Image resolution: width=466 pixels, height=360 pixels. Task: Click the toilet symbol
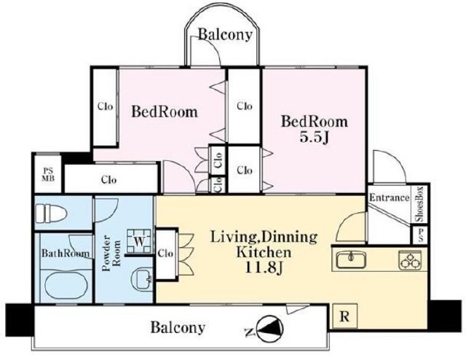pyautogui.click(x=50, y=213)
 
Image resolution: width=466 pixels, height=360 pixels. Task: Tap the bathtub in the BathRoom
pyautogui.click(x=66, y=286)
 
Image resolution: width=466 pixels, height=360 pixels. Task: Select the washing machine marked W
pyautogui.click(x=139, y=241)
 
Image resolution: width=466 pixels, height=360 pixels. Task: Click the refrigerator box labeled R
pyautogui.click(x=344, y=316)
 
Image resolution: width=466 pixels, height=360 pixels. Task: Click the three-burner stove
pyautogui.click(x=410, y=260)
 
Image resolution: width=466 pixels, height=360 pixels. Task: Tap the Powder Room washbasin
pyautogui.click(x=142, y=279)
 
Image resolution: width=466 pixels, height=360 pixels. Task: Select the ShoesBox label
pyautogui.click(x=419, y=204)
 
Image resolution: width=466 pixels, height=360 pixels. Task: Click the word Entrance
pyautogui.click(x=389, y=197)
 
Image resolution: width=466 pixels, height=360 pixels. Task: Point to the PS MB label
pyautogui.click(x=48, y=175)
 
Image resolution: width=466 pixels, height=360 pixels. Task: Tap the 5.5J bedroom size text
pyautogui.click(x=315, y=137)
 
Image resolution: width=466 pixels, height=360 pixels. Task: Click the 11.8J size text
pyautogui.click(x=263, y=267)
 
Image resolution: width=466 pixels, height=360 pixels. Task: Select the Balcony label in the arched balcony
pyautogui.click(x=225, y=34)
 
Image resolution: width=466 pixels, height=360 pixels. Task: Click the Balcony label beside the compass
pyautogui.click(x=178, y=327)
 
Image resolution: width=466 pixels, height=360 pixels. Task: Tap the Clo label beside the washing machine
pyautogui.click(x=165, y=254)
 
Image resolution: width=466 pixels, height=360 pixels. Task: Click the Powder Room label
pyautogui.click(x=111, y=254)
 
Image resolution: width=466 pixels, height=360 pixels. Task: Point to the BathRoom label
pyautogui.click(x=66, y=253)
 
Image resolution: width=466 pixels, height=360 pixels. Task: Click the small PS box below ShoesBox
pyautogui.click(x=420, y=235)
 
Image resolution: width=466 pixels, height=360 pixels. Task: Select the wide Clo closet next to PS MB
pyautogui.click(x=111, y=179)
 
